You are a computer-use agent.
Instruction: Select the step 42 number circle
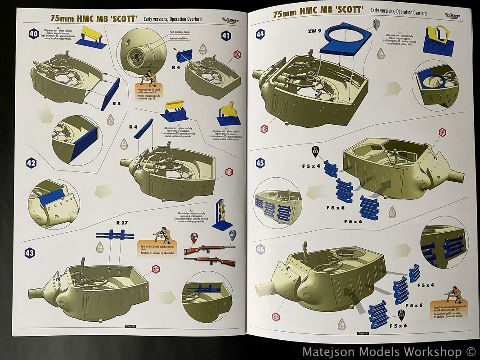pyautogui.click(x=31, y=163)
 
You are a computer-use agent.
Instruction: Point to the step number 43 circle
pyautogui.click(x=30, y=253)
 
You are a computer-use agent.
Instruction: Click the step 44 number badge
pyautogui.click(x=260, y=34)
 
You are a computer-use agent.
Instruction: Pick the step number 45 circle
pyautogui.click(x=260, y=163)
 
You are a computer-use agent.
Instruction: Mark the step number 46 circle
pyautogui.click(x=260, y=249)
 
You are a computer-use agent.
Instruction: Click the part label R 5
pyautogui.click(x=117, y=103)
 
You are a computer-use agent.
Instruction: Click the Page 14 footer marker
pyautogui.click(x=130, y=327)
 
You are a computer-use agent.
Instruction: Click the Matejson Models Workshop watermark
pyautogui.click(x=388, y=351)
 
